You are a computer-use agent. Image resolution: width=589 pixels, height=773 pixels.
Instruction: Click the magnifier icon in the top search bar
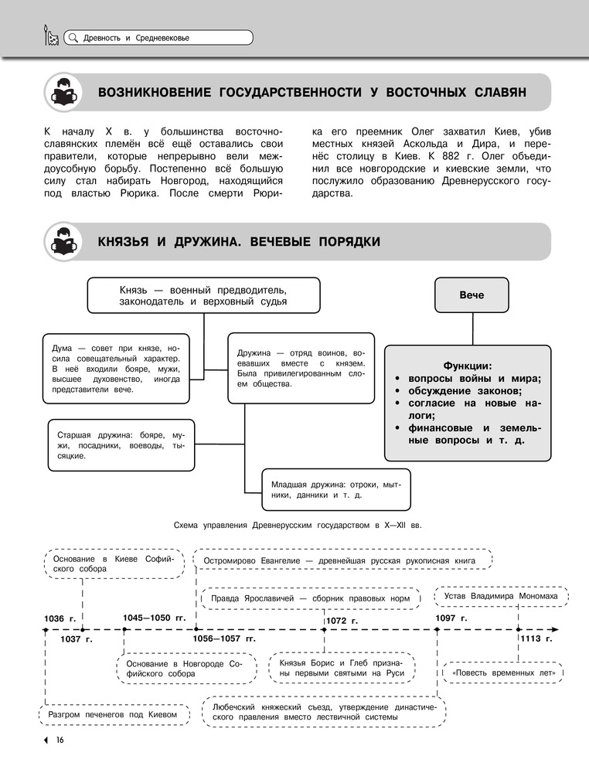(72, 37)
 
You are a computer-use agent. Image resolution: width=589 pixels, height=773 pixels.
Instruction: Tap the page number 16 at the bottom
(59, 741)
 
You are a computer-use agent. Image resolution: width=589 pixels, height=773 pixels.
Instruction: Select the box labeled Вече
(472, 295)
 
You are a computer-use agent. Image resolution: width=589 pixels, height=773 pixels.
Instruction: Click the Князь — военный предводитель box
(203, 295)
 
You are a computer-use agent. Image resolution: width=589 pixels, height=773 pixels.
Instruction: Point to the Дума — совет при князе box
(115, 369)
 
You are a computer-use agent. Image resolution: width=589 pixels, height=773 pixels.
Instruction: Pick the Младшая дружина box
(335, 489)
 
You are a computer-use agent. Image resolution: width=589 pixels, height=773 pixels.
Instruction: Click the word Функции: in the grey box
(467, 365)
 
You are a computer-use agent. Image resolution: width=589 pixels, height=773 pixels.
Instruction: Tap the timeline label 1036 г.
(60, 618)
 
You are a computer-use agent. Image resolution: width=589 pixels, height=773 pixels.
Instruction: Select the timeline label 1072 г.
(342, 621)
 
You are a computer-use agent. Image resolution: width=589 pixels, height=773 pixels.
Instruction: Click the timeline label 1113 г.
(535, 639)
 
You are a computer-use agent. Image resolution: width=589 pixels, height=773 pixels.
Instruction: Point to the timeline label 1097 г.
(451, 618)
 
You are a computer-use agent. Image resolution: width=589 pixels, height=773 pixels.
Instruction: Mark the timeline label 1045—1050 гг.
(155, 618)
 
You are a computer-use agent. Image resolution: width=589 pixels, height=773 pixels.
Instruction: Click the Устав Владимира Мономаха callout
(501, 596)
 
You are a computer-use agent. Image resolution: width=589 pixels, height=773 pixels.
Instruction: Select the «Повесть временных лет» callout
(504, 673)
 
